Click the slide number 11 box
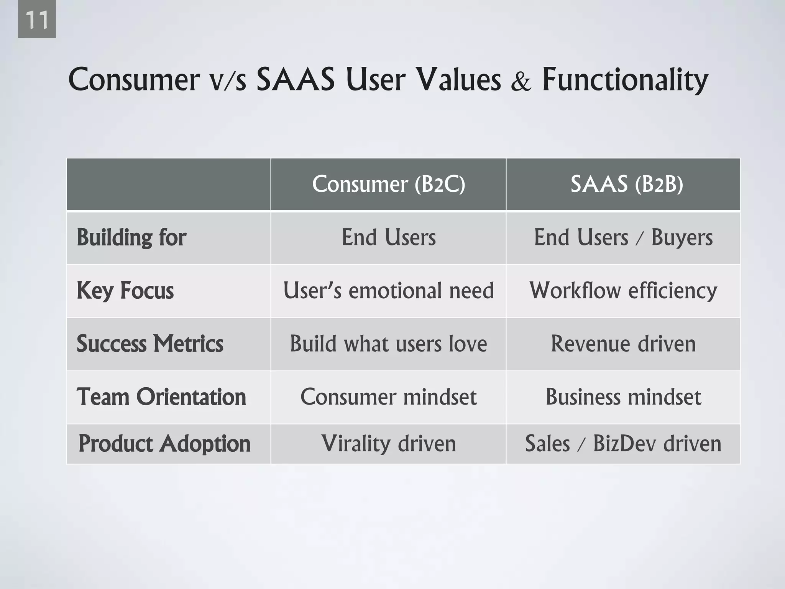pos(37,19)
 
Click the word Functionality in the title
pos(625,80)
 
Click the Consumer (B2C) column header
pos(388,184)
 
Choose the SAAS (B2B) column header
pos(626,184)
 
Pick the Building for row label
pos(131,237)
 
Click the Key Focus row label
pos(125,290)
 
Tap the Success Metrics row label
pos(150,344)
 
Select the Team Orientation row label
pos(161,397)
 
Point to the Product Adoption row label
pos(164,444)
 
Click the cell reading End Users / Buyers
pos(623,237)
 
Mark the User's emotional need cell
pos(388,290)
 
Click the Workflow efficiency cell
pos(623,290)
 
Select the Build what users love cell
pos(388,344)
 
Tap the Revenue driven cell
pos(623,344)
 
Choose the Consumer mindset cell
pos(388,397)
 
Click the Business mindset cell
pos(623,397)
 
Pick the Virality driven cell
pos(388,444)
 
